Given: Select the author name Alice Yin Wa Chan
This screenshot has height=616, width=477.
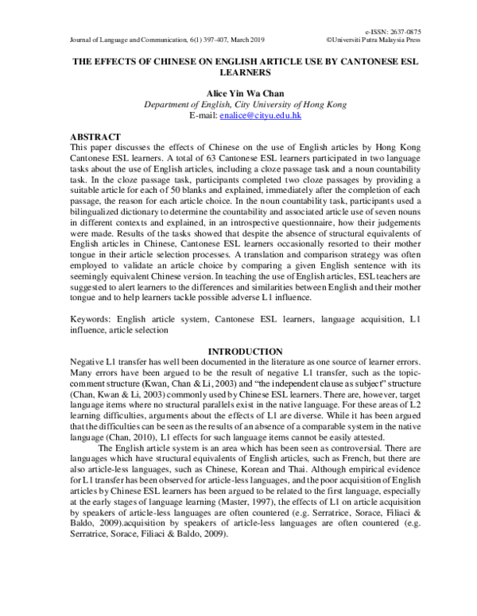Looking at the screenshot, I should pos(239,93).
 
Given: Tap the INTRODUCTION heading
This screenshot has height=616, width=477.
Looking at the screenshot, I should pos(245,351).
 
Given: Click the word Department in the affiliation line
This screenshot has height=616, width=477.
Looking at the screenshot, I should pos(169,105).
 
